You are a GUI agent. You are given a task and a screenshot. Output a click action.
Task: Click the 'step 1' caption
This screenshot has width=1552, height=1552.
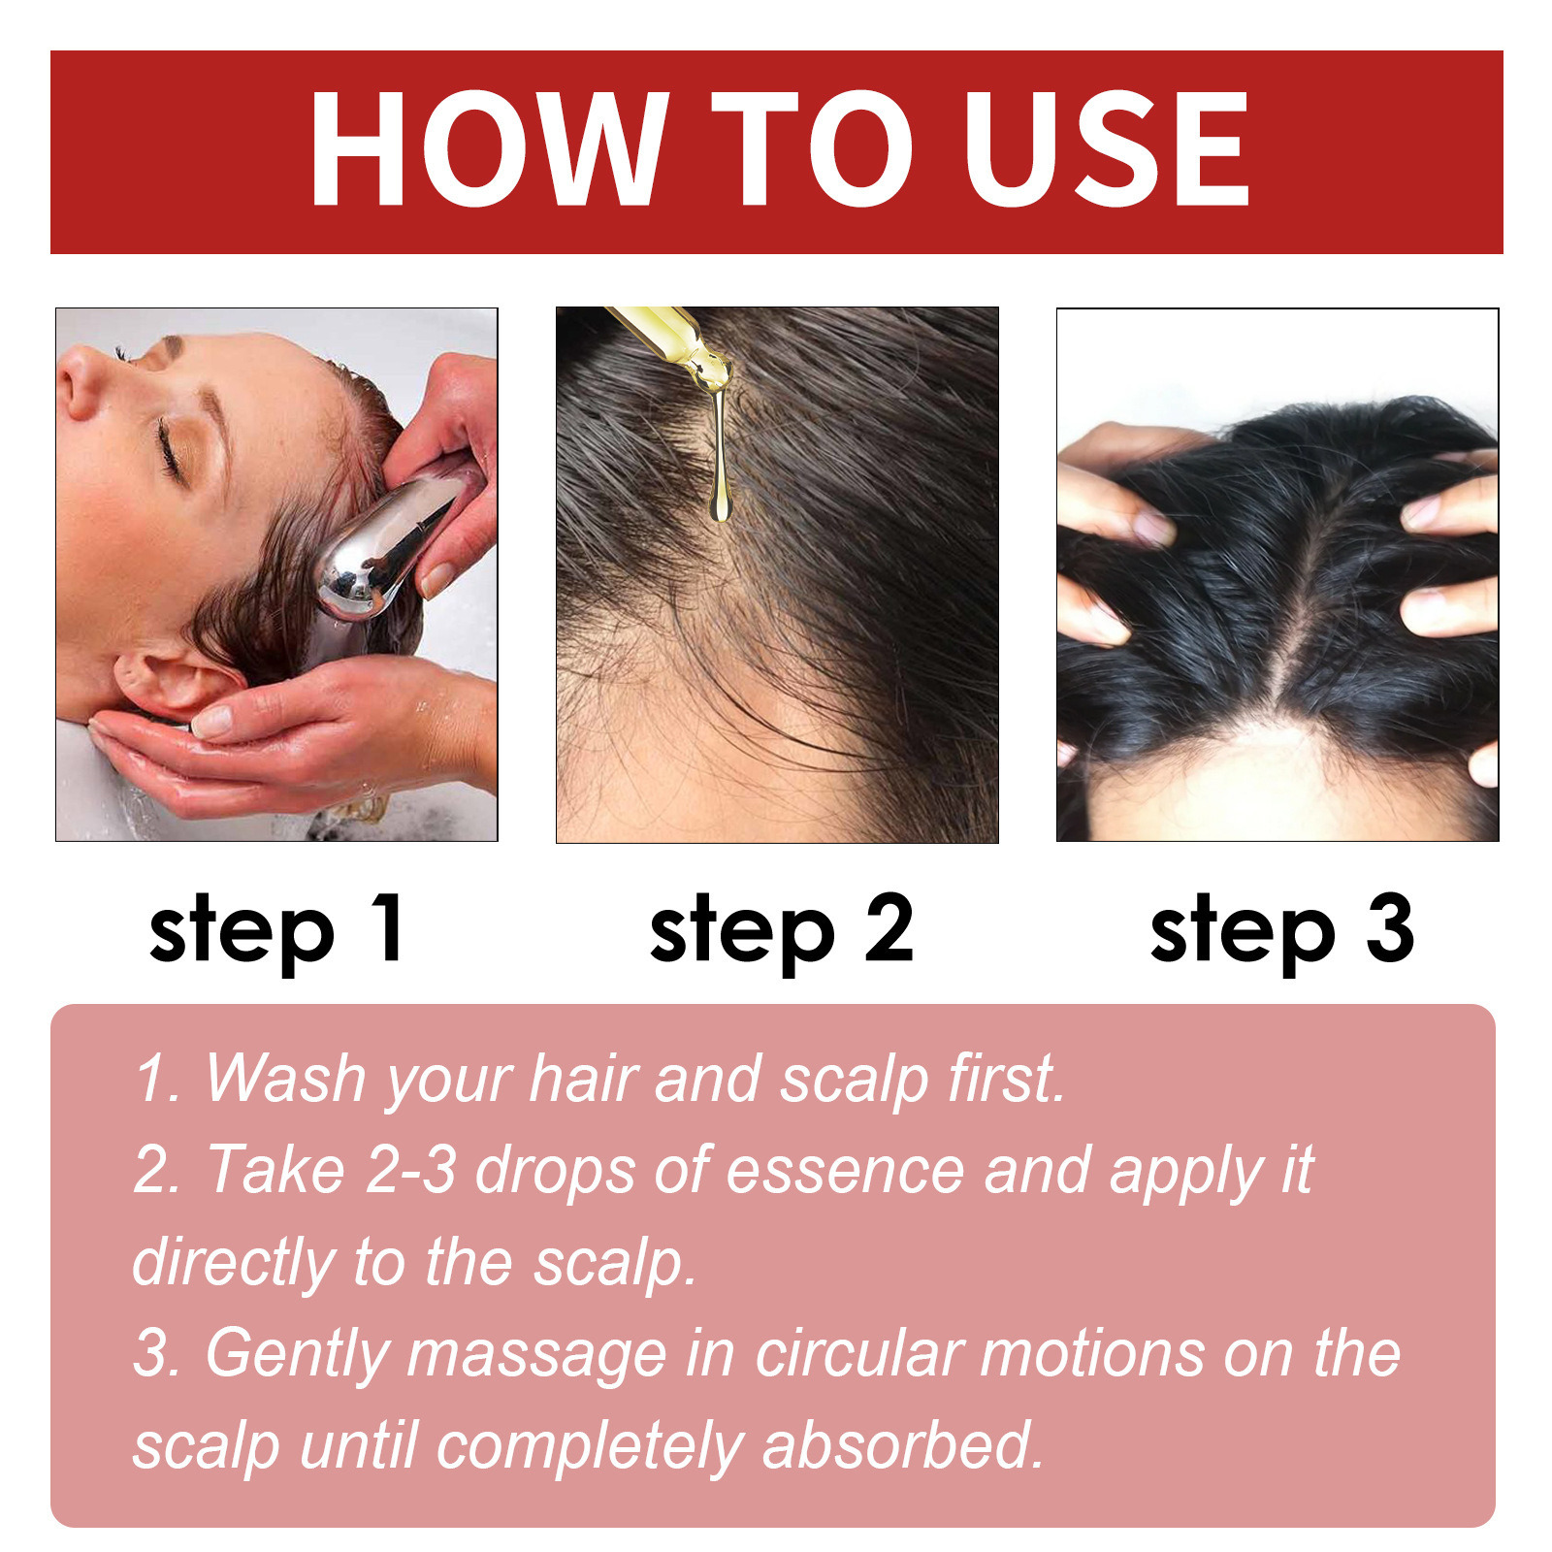point(276,929)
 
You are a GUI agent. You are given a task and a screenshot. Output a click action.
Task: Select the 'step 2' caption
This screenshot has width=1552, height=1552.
point(781,929)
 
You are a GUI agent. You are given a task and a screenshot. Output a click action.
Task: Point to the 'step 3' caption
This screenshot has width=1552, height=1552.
point(1281,929)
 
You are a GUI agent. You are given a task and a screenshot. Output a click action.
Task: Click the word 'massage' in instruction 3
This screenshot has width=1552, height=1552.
point(536,1354)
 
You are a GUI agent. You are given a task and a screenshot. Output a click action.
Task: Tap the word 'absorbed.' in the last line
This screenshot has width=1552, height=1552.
point(902,1445)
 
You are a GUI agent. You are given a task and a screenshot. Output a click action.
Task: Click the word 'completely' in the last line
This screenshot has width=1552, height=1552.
point(589,1447)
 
